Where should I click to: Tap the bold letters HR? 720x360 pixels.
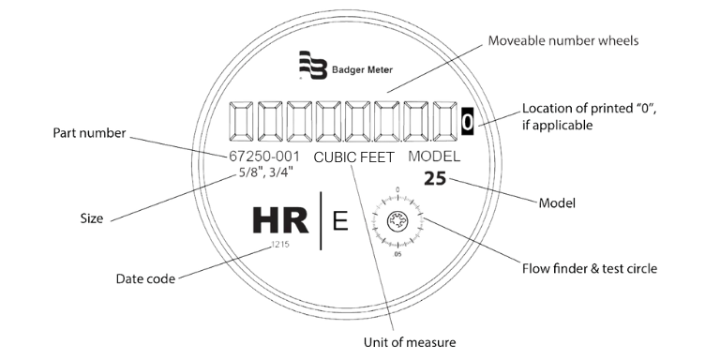click(279, 224)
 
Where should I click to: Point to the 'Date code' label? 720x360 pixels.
click(145, 277)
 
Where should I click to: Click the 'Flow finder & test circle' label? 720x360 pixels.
click(589, 268)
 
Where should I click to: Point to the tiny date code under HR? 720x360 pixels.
click(278, 247)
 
